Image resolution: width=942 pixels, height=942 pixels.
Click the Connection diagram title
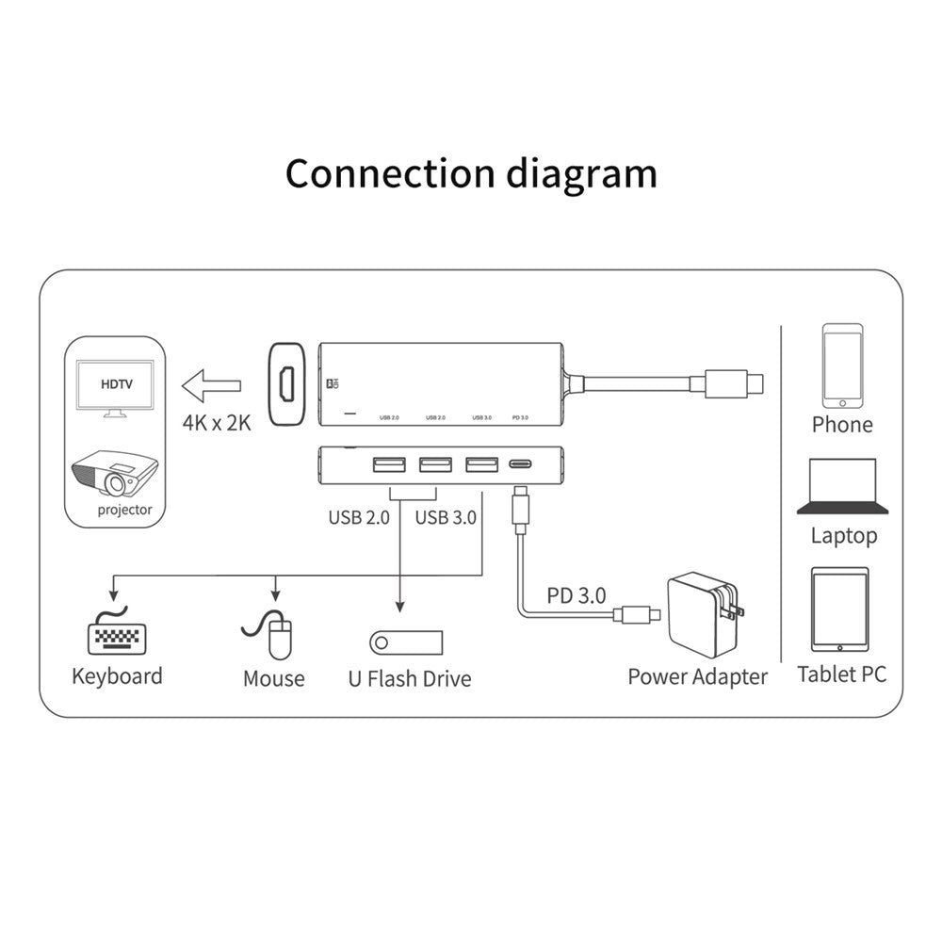click(471, 174)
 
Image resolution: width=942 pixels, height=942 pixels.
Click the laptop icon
click(843, 485)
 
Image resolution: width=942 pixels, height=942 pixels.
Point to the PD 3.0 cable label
click(577, 595)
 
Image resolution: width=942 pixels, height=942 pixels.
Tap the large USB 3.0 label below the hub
click(446, 516)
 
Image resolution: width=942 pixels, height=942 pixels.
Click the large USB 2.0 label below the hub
click(359, 516)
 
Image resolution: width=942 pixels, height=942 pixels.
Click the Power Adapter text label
click(697, 675)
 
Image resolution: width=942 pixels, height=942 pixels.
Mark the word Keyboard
click(117, 675)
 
